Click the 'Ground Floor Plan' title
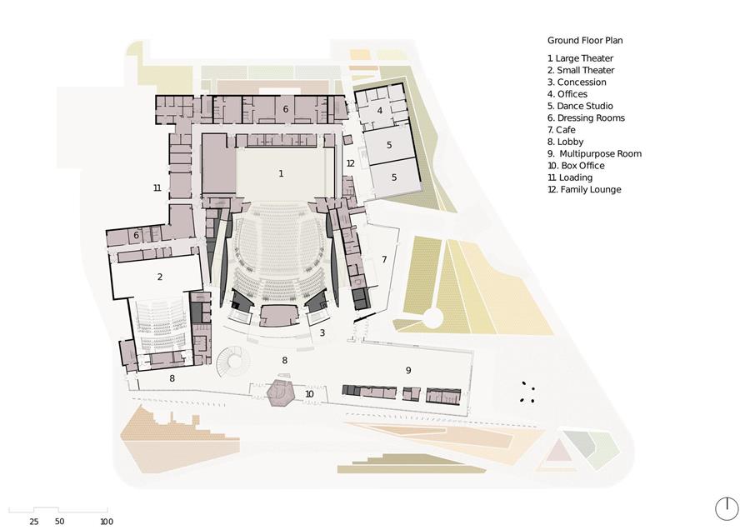coord(585,41)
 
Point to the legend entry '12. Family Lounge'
coord(584,189)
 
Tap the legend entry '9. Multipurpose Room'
coord(594,154)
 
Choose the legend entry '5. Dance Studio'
coord(580,106)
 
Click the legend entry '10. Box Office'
coord(576,166)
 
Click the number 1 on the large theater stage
coord(282,173)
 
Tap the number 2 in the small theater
coord(160,277)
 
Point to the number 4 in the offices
coord(380,111)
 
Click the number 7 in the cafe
coord(384,260)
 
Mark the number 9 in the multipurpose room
coord(408,370)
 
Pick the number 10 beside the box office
coord(309,394)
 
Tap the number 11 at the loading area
coord(157,188)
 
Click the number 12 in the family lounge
coord(351,163)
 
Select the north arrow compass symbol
coord(727,509)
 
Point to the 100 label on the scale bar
coord(107,522)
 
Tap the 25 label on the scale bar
coord(34,522)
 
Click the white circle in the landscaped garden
coord(433,318)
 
